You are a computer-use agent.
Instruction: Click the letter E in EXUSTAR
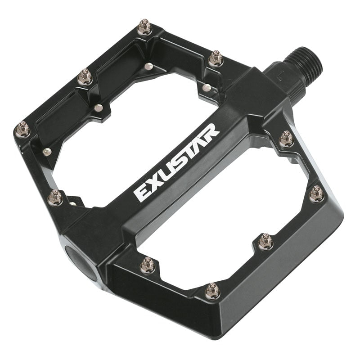(141, 194)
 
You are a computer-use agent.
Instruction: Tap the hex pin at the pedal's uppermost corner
(144, 27)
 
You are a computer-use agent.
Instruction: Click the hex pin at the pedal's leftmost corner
(22, 130)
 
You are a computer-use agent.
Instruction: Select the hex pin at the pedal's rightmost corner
(317, 193)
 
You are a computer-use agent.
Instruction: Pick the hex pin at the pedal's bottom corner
(212, 291)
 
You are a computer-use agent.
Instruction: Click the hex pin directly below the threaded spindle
(287, 139)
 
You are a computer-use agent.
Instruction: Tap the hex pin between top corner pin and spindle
(216, 58)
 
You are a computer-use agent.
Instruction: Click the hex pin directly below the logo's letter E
(148, 265)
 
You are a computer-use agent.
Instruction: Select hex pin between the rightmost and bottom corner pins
(265, 242)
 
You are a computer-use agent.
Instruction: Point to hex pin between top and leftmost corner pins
(85, 77)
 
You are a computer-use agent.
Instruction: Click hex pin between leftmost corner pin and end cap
(55, 197)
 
